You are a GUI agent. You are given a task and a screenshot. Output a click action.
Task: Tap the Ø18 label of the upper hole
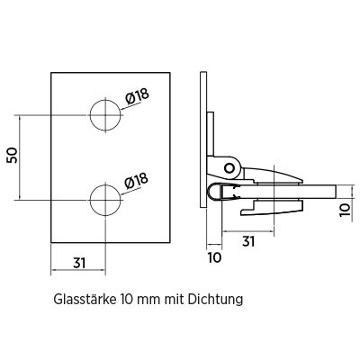coord(137,96)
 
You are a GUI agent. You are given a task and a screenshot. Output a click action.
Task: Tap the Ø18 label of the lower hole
coord(137,181)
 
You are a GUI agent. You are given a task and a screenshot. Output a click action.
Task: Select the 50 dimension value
coord(13,156)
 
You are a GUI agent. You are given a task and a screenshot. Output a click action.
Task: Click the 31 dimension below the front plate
coord(79,263)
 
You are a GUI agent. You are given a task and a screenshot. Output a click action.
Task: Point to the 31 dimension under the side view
coord(248,241)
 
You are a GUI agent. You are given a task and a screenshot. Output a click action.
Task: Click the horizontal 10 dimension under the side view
coord(214,257)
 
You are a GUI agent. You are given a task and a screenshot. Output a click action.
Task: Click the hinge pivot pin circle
coord(229,167)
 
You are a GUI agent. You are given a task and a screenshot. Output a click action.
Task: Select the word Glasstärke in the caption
coord(85,299)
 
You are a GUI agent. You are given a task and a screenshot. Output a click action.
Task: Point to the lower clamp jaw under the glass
coord(272,208)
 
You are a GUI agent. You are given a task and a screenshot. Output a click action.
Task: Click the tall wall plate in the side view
coord(203,139)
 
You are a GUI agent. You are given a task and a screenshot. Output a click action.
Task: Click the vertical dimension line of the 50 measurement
coord(20,157)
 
